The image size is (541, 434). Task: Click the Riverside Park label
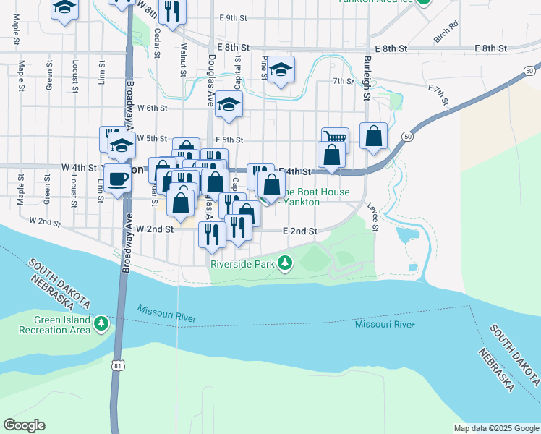[242, 264]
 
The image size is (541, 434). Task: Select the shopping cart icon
[335, 137]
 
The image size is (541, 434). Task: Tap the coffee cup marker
[117, 177]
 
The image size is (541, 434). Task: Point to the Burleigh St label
[367, 77]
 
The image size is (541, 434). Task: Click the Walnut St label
[183, 59]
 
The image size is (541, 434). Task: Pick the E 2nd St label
[299, 231]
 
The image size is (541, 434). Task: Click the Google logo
[25, 425]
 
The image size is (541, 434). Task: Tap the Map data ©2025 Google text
[495, 428]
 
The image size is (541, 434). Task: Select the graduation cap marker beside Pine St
[281, 70]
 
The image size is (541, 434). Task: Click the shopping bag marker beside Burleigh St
[373, 135]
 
